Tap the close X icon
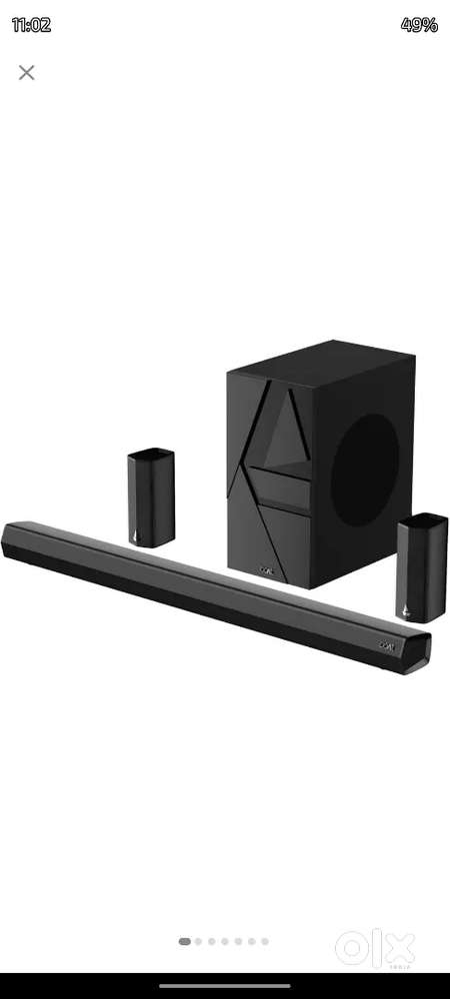[27, 72]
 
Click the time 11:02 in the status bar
[31, 25]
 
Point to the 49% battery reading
[419, 25]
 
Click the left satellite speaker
[151, 497]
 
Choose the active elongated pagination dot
[185, 941]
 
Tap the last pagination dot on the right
[265, 941]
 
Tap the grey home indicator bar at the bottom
[224, 985]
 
